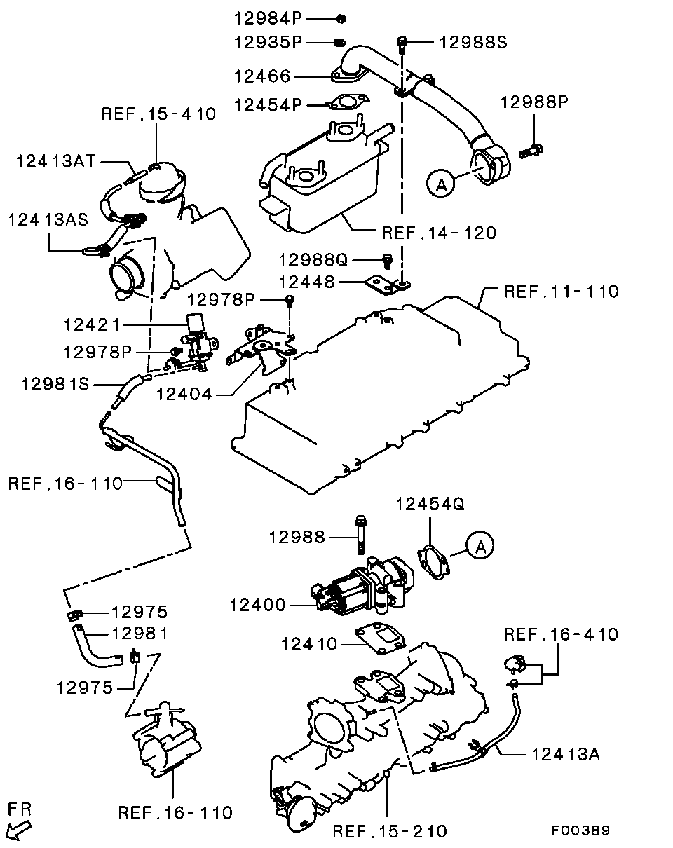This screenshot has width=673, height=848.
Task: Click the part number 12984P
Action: click(267, 18)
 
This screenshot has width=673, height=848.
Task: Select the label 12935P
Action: click(267, 43)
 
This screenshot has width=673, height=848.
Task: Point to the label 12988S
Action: click(473, 43)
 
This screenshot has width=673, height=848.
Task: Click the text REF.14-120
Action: click(438, 233)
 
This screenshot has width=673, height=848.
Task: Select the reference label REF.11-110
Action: click(562, 291)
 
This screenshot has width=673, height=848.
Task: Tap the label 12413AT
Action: click(54, 162)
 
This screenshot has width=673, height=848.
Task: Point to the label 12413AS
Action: click(48, 219)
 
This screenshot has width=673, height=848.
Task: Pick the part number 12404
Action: click(184, 395)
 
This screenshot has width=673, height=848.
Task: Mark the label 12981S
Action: click(55, 384)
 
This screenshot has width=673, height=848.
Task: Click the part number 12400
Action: click(257, 604)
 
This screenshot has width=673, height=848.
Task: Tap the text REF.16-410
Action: click(561, 634)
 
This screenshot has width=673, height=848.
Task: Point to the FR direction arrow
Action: click(21, 828)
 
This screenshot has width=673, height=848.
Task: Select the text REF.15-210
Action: click(389, 831)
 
